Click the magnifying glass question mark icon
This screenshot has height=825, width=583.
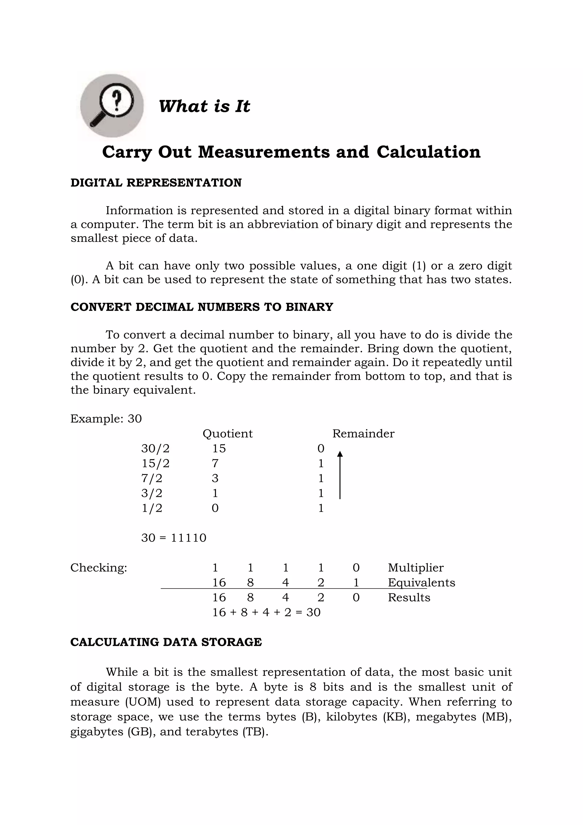coord(112,106)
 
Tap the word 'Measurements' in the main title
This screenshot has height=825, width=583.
coord(264,152)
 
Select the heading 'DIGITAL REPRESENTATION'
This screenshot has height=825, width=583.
coord(156,183)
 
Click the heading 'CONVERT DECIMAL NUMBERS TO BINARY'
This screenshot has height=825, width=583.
coord(202,307)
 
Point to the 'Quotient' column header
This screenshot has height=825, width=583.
coord(228,434)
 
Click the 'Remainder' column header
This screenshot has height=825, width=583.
coord(363,434)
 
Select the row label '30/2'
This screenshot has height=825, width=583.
coord(155,448)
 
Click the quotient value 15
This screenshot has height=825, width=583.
coord(219,448)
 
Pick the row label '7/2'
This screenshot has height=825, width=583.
coord(151,478)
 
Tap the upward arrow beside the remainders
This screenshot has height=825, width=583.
coord(340,475)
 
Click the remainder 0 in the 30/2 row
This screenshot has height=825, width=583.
coord(321,448)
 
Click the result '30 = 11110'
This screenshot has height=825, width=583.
coord(174,538)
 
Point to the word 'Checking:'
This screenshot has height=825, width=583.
coord(99,568)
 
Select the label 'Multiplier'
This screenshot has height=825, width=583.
coord(416,568)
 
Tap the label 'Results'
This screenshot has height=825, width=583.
coord(409,598)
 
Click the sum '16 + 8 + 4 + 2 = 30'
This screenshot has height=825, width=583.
coord(266,612)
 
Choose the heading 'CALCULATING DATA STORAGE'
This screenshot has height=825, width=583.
coord(166,642)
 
